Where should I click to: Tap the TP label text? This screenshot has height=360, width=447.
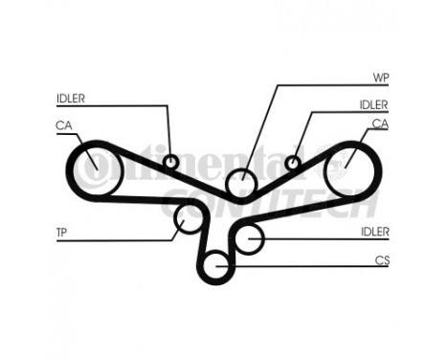coord(60,232)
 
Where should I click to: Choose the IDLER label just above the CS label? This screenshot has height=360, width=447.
coord(374,232)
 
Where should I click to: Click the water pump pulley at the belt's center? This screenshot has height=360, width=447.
coord(241,182)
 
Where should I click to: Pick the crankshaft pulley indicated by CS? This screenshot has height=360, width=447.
coord(218,263)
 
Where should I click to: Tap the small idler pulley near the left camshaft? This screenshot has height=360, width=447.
coord(171,162)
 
